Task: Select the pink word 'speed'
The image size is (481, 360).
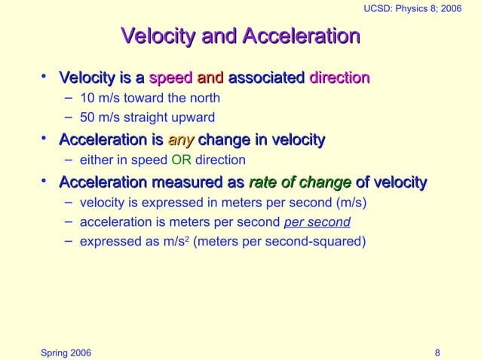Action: [170, 78]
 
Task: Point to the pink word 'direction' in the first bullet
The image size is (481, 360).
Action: [339, 78]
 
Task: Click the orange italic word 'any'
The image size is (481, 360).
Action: [181, 139]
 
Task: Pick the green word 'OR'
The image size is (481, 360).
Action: [182, 160]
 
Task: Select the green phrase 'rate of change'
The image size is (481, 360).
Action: [300, 182]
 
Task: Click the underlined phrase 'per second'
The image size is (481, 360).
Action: [317, 223]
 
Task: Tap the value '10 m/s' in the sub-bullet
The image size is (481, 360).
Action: [97, 98]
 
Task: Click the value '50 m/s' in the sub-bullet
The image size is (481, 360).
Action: [97, 117]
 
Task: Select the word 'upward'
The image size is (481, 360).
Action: [195, 117]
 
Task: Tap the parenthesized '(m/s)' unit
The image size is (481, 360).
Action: [354, 203]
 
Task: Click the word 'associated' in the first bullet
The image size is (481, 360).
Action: [265, 78]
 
